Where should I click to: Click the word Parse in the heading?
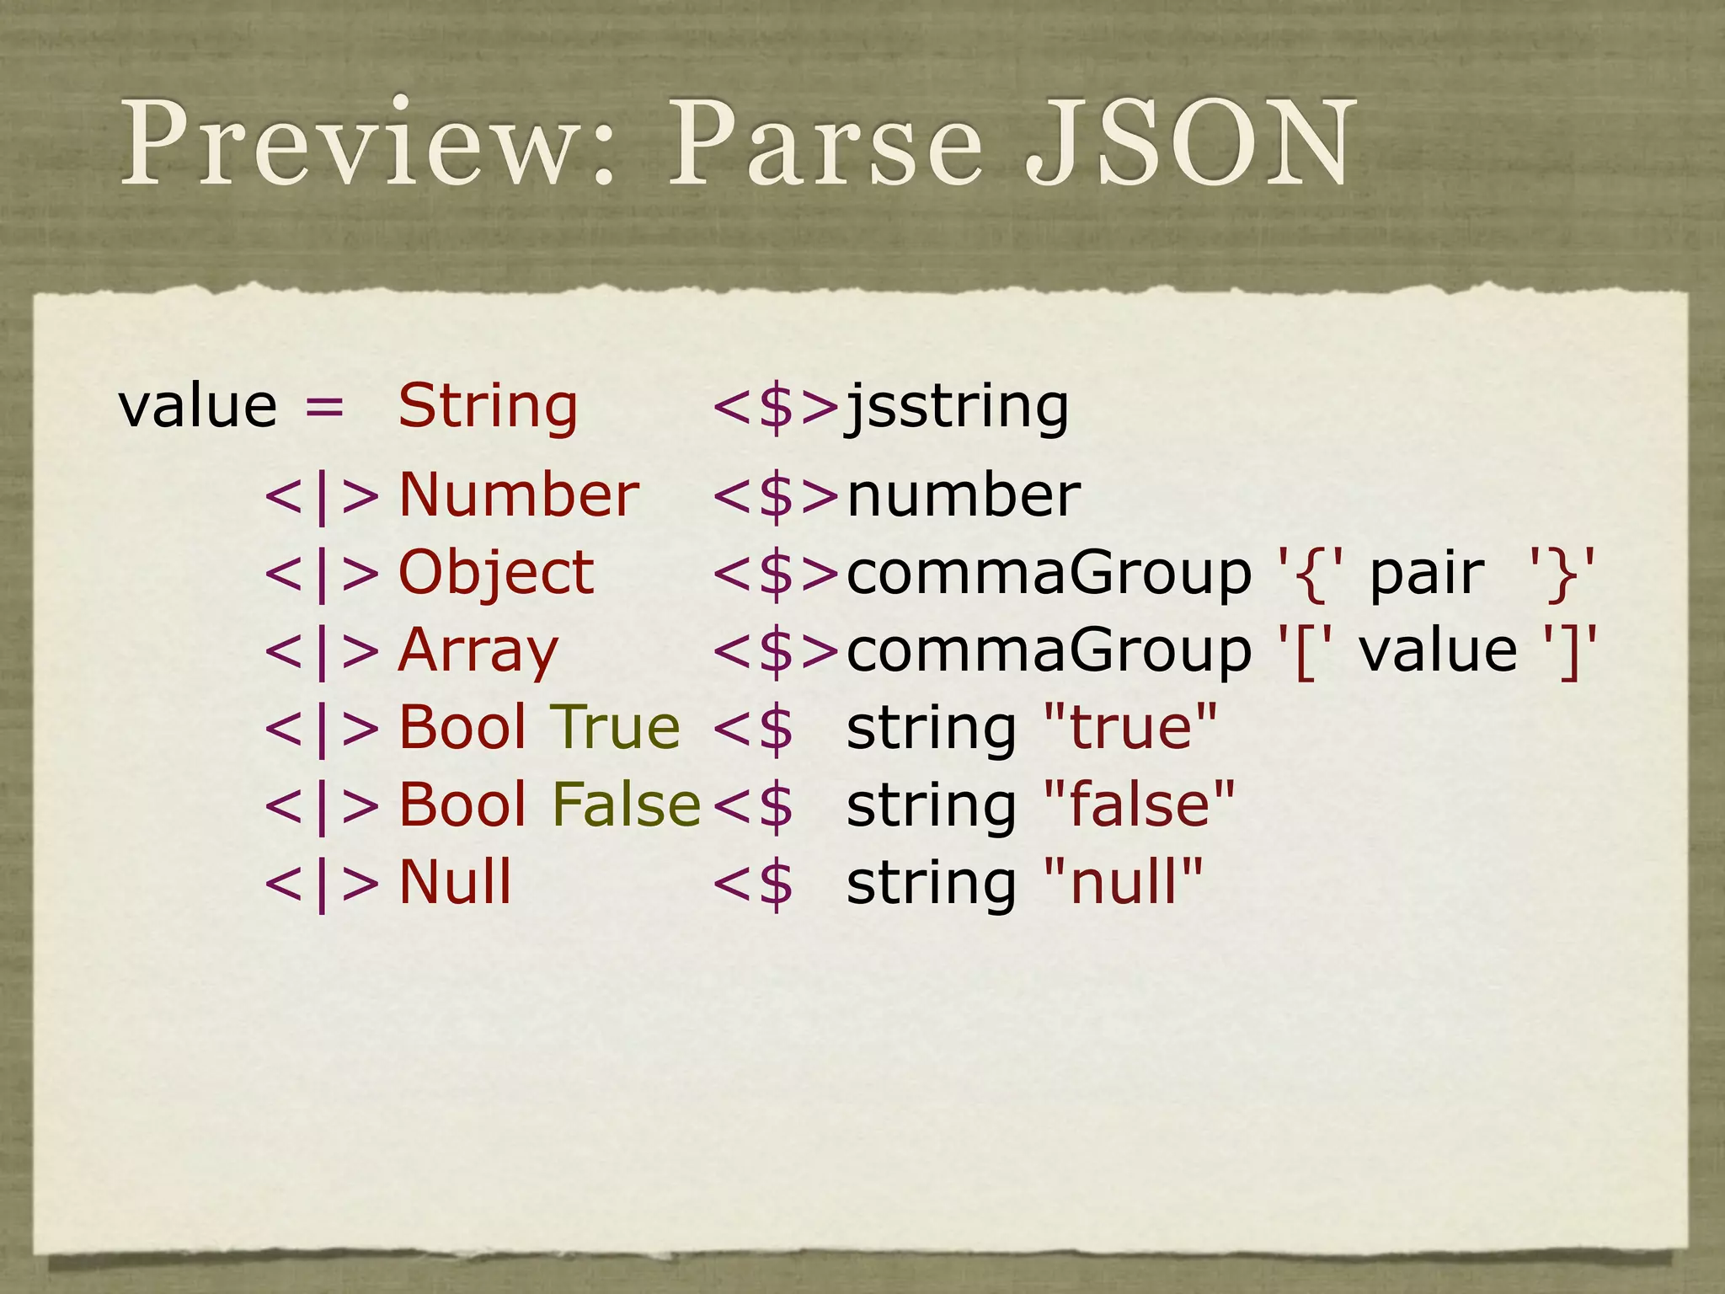825,143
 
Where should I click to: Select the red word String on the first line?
488,407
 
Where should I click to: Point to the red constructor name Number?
518,495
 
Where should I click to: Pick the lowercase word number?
964,495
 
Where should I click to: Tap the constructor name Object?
496,574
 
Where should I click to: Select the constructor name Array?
478,651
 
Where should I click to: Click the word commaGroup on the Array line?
1049,651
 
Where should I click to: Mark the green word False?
626,805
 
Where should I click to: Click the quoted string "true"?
1130,727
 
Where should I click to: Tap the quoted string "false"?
1139,805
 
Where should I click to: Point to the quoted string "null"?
1123,882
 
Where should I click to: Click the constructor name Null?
455,882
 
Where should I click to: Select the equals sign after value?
324,407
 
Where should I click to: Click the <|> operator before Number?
322,496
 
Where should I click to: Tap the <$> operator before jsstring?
776,407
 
